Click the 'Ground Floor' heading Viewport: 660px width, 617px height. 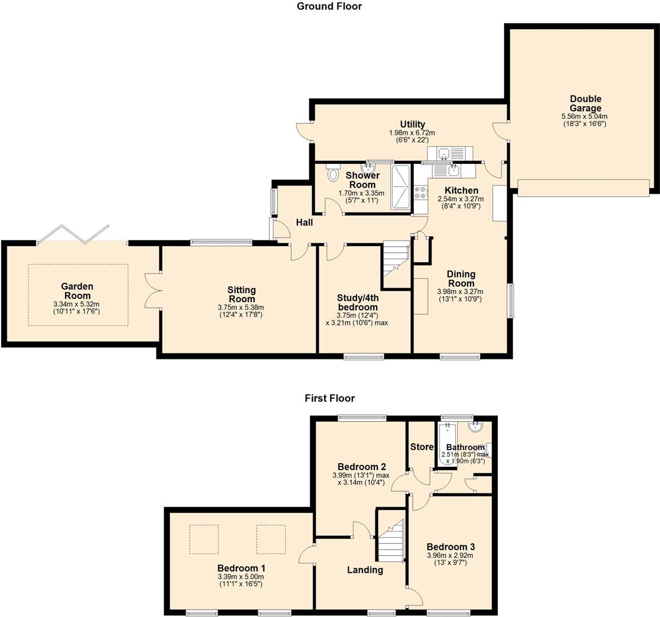pyautogui.click(x=329, y=6)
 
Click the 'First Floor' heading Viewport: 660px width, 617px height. pyautogui.click(x=329, y=398)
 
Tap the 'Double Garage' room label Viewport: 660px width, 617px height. pyautogui.click(x=585, y=103)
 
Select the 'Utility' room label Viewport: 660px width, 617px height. pyautogui.click(x=412, y=125)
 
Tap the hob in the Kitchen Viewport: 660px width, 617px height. pyautogui.click(x=421, y=193)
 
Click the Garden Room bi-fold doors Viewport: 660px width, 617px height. pyautogui.click(x=72, y=234)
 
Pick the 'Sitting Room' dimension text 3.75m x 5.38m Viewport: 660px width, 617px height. pyautogui.click(x=242, y=307)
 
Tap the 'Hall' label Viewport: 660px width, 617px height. pyautogui.click(x=304, y=222)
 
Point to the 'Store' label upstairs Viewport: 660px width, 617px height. pyautogui.click(x=422, y=447)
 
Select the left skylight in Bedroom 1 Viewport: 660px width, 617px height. pyautogui.click(x=204, y=539)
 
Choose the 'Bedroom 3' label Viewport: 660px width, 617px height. pyautogui.click(x=450, y=547)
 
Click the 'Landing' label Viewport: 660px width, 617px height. pyautogui.click(x=365, y=570)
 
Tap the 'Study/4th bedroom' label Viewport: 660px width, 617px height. pyautogui.click(x=357, y=302)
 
